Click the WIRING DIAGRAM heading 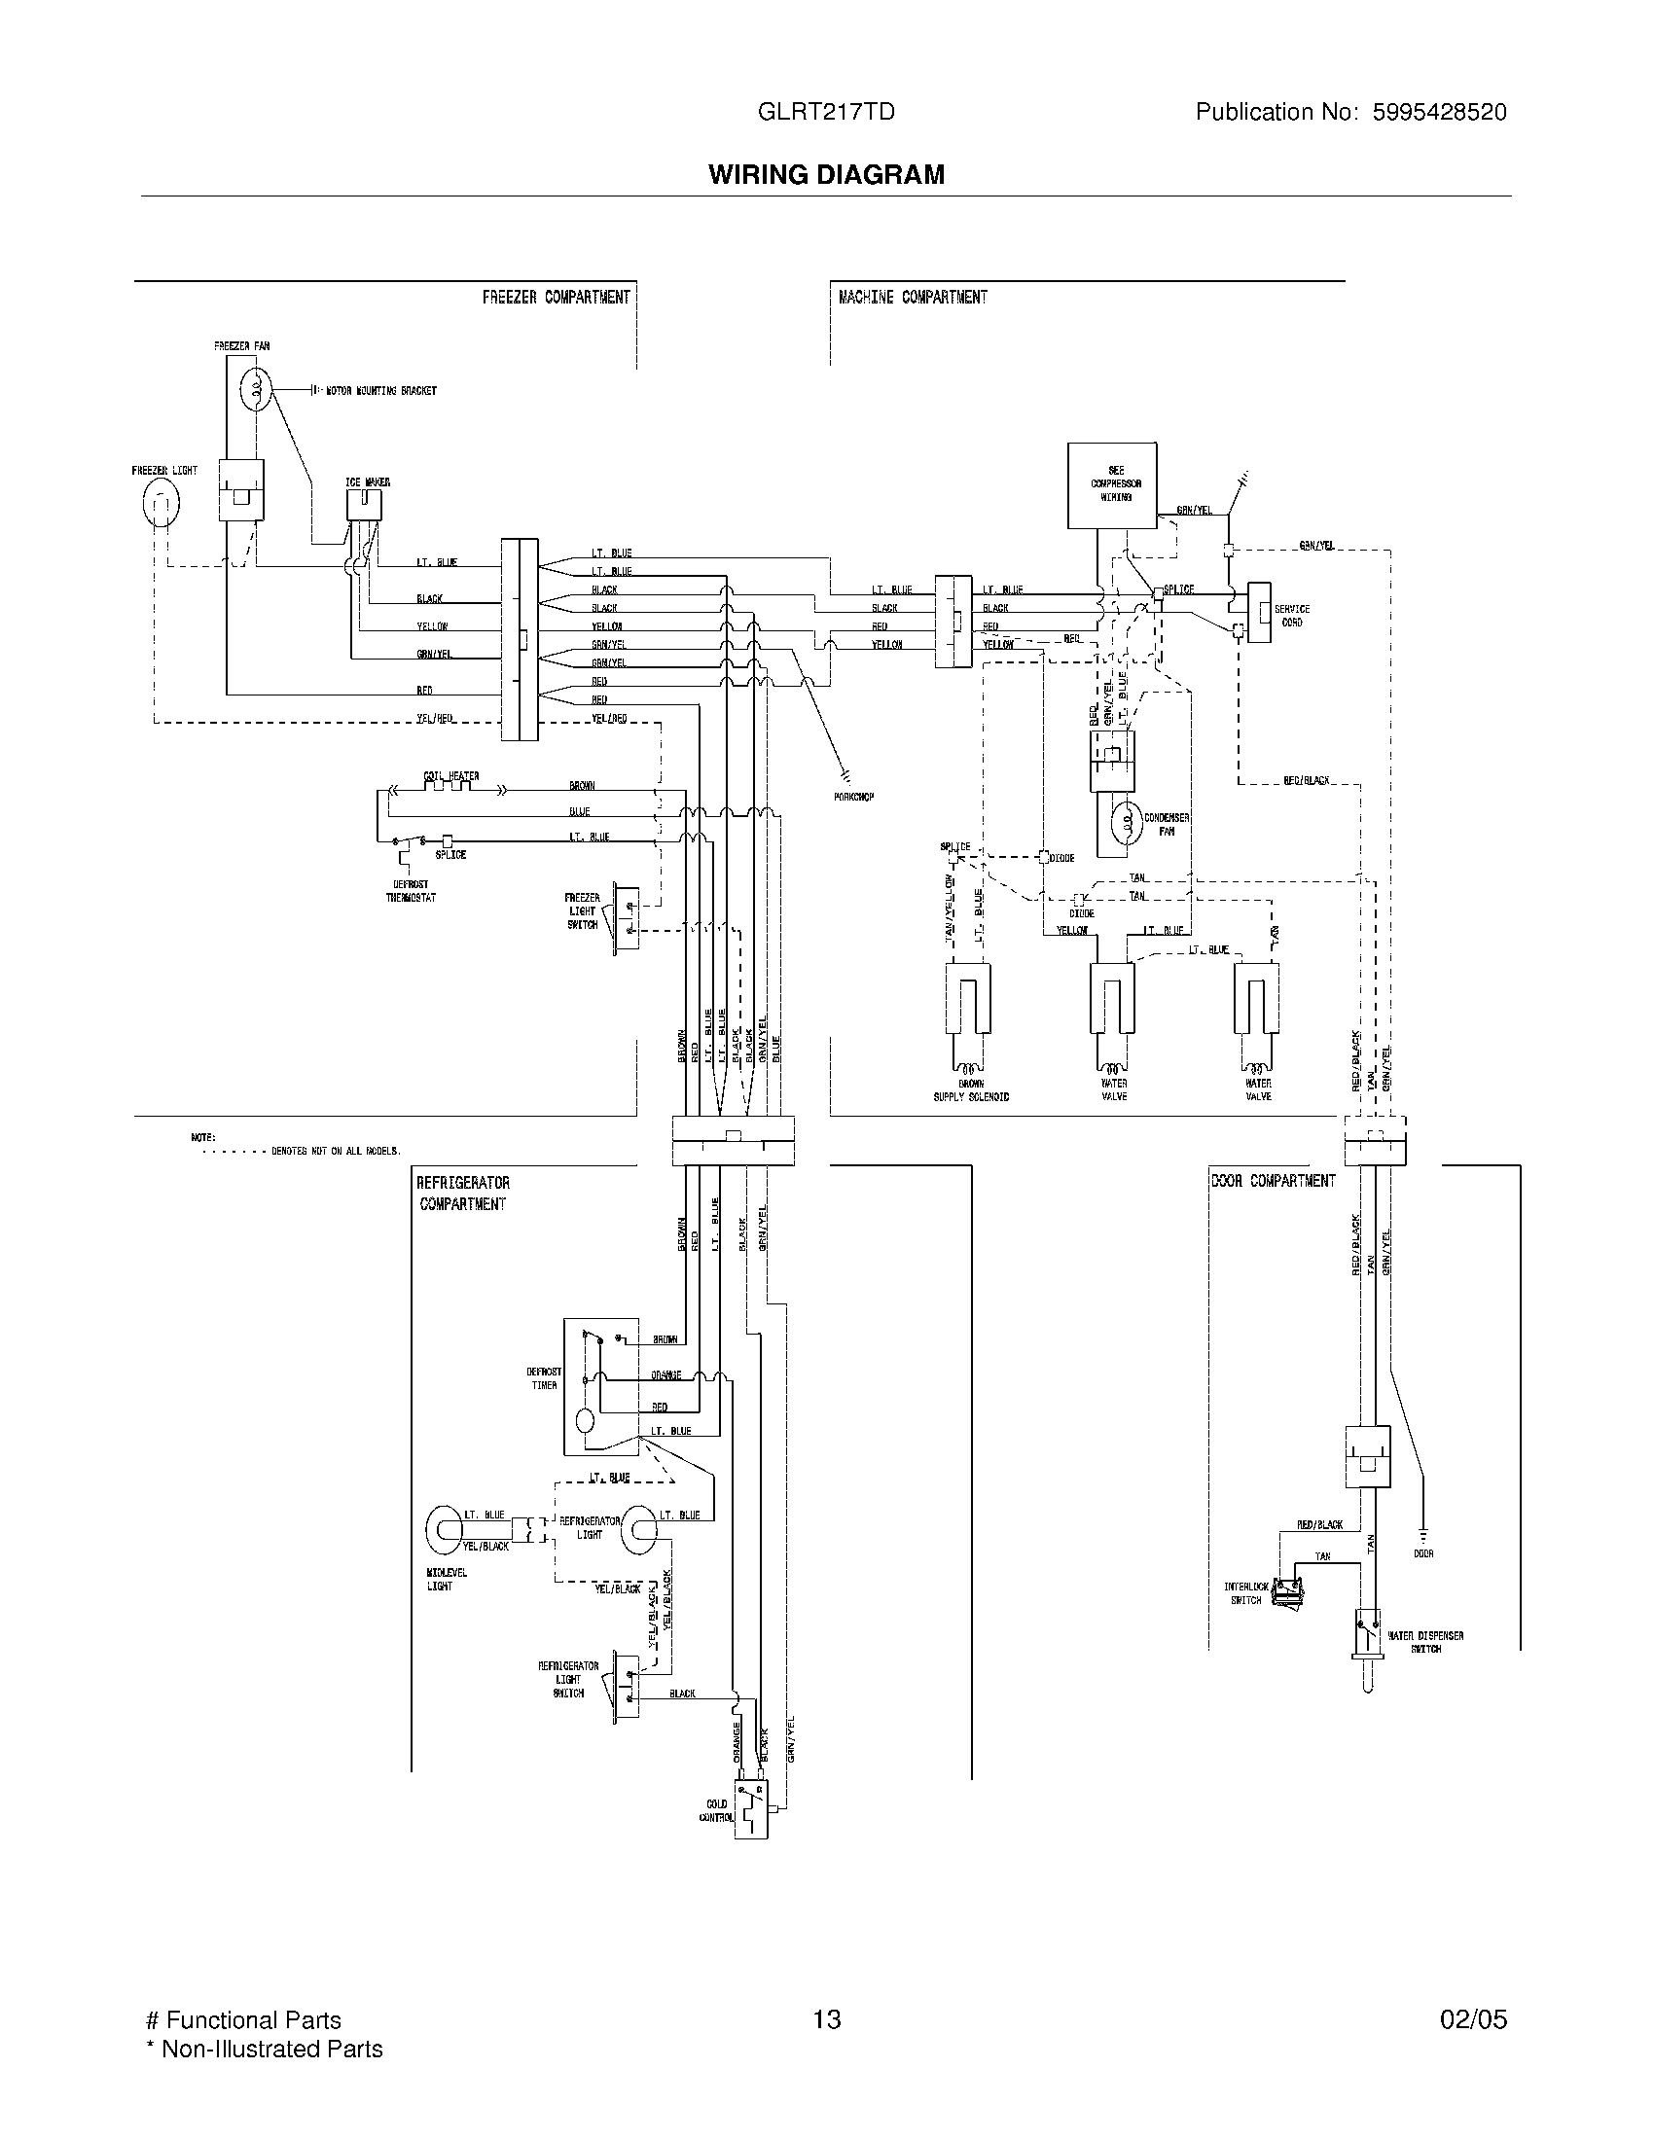coord(826,174)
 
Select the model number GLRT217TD coord(825,112)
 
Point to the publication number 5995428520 coord(1440,112)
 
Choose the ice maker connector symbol coord(364,505)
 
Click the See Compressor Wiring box coord(1111,486)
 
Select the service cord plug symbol coord(1258,614)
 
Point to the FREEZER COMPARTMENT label coord(556,297)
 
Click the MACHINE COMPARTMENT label coord(913,297)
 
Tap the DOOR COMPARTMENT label coord(1273,1181)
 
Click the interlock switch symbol coord(1286,1594)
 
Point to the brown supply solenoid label coord(970,1089)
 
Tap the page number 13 coord(826,2018)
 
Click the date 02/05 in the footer coord(1473,2018)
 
